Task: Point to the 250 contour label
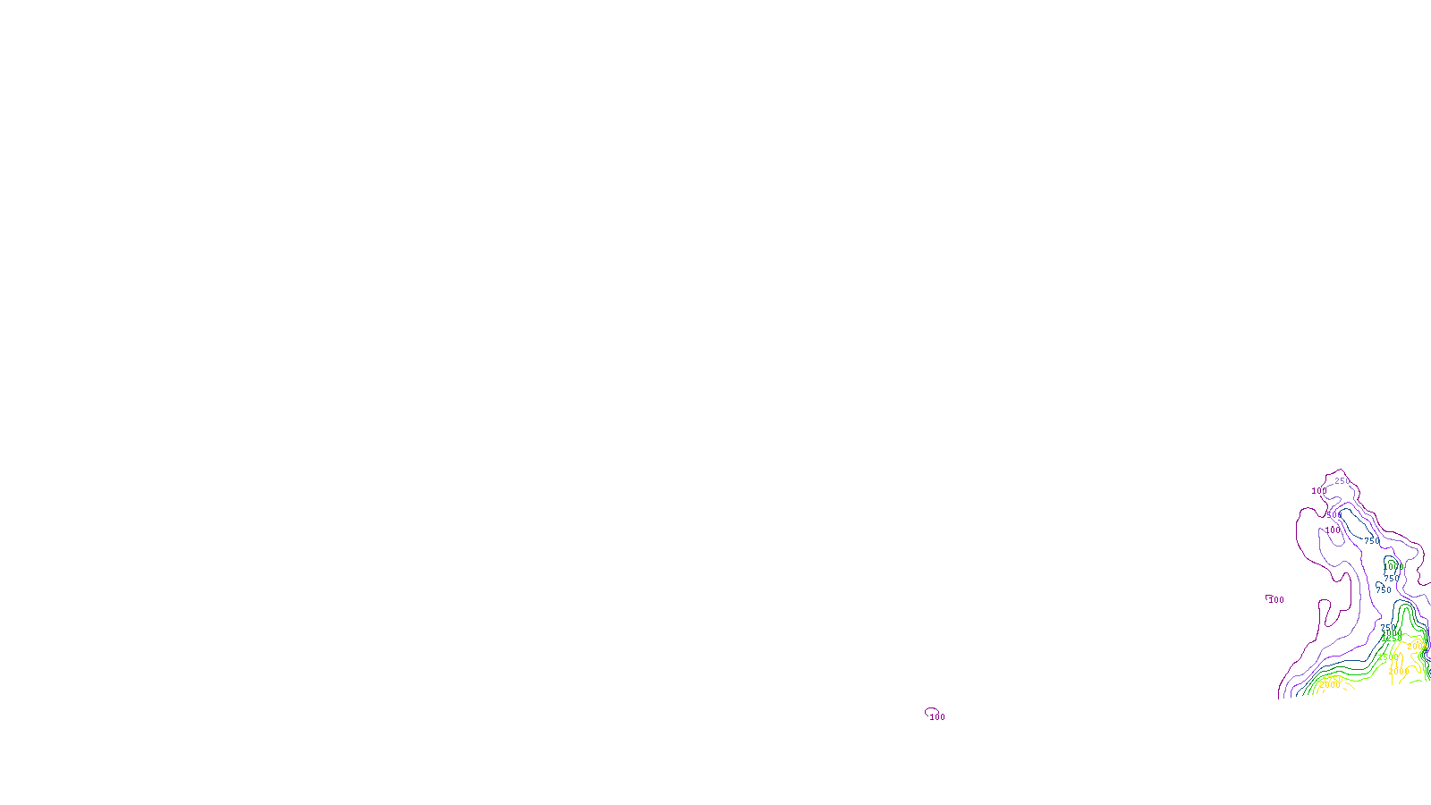(x=1342, y=481)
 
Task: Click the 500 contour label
(x=1334, y=515)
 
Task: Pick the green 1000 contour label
(x=1393, y=567)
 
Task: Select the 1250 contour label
(x=1391, y=638)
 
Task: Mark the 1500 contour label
(x=1387, y=657)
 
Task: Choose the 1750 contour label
(x=1333, y=679)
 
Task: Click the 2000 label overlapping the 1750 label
(x=1330, y=686)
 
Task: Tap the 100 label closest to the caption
(x=937, y=717)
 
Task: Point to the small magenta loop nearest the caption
(x=931, y=711)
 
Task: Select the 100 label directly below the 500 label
(x=1333, y=530)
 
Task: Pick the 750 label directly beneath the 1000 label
(x=1392, y=579)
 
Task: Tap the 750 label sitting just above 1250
(x=1388, y=628)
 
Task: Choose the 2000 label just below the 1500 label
(x=1398, y=671)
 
